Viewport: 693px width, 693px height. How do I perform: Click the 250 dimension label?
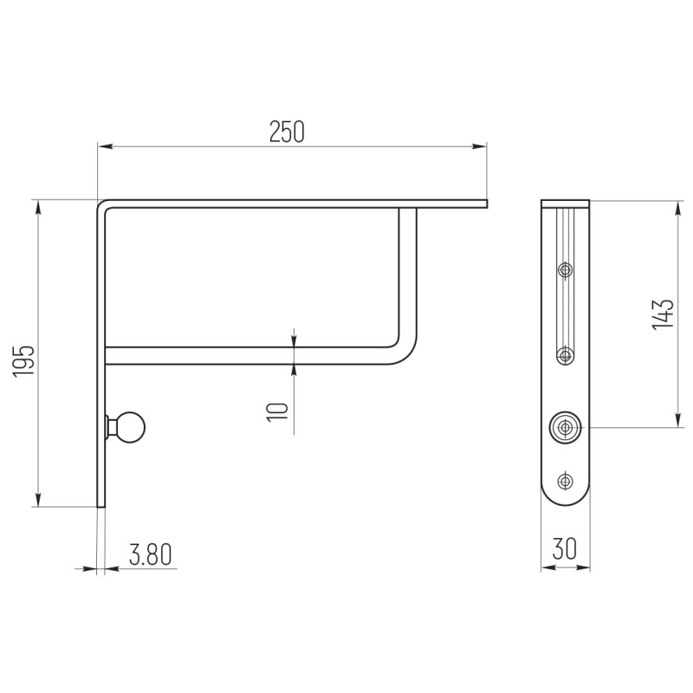click(x=287, y=132)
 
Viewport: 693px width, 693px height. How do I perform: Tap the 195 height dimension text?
click(x=23, y=360)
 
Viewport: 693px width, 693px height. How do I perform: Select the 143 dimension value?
click(x=663, y=314)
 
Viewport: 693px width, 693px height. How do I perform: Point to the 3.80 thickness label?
click(x=150, y=554)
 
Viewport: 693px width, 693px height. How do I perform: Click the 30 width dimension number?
click(x=565, y=548)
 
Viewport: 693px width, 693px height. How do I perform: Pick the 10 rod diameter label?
click(x=277, y=412)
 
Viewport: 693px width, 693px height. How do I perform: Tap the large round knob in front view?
click(x=566, y=427)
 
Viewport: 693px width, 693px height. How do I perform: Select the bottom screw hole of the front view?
click(x=566, y=481)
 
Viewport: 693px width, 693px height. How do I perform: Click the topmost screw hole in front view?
click(x=566, y=269)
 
